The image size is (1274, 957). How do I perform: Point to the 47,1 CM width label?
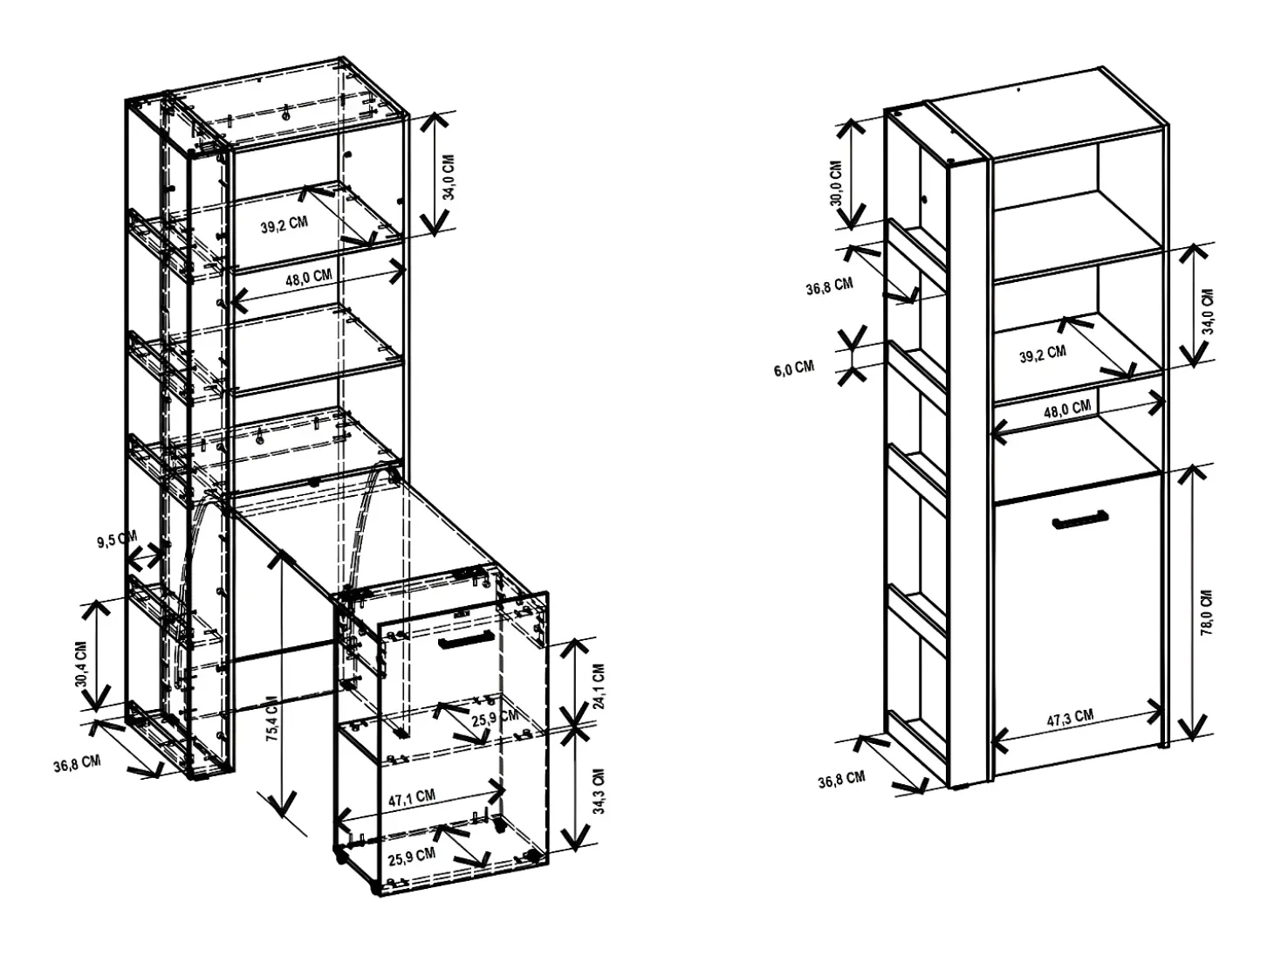click(412, 797)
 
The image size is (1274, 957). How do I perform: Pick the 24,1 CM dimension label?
click(599, 686)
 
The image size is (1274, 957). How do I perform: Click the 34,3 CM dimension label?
click(599, 791)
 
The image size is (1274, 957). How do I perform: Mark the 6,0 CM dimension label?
click(794, 368)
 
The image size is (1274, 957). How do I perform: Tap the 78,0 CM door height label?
click(1207, 612)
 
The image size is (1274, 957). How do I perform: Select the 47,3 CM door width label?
click(1070, 718)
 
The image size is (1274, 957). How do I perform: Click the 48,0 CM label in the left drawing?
click(309, 277)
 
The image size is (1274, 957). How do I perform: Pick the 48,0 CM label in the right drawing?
click(1067, 409)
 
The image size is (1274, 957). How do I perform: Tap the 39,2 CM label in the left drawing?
click(284, 224)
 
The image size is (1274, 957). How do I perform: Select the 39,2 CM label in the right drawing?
click(1043, 354)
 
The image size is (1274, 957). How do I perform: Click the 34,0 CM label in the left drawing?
click(449, 177)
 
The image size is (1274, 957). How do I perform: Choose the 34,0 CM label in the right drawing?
click(1208, 311)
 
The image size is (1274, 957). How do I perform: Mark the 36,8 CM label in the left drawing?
click(77, 764)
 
